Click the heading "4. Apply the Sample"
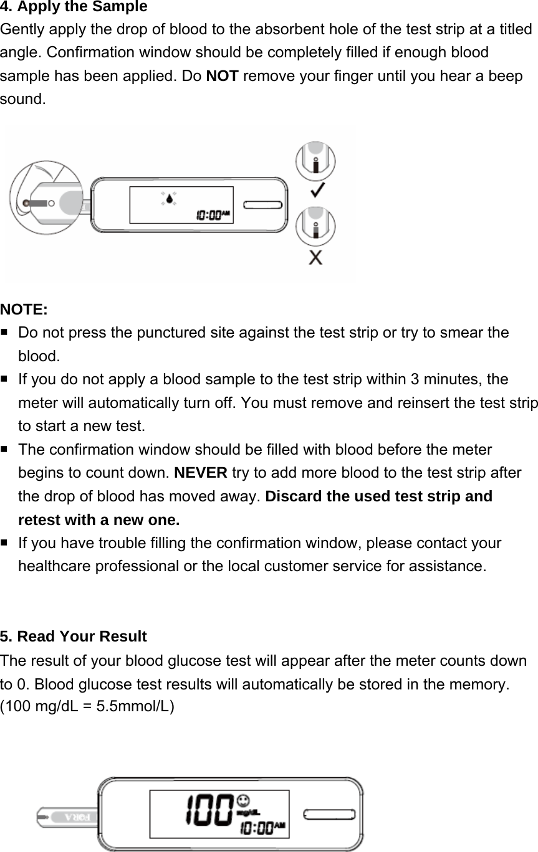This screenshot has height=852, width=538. coord(74,7)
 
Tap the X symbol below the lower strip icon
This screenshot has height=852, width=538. coord(316,257)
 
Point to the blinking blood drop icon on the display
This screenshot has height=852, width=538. coord(169,199)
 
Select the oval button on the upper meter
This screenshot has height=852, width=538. coord(263,205)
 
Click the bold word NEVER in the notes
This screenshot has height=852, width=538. coord(201,473)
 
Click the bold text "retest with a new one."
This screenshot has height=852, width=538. coord(99,520)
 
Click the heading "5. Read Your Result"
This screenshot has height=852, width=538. coord(74,637)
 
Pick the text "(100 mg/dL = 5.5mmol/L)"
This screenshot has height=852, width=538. coord(88,706)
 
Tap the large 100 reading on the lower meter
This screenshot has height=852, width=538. coord(209,810)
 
